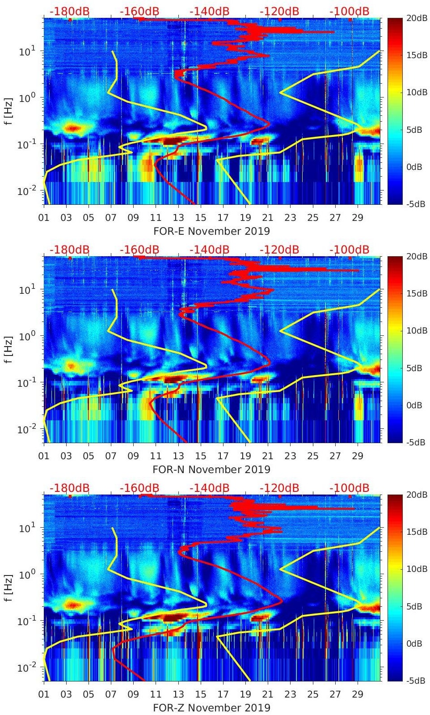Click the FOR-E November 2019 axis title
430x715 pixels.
click(x=211, y=231)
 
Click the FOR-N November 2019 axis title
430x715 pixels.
click(x=211, y=470)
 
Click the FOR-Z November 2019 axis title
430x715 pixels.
click(x=211, y=708)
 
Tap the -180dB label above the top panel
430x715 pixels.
click(x=69, y=11)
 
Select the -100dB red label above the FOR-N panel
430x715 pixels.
click(x=349, y=250)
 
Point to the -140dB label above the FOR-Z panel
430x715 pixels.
click(x=209, y=488)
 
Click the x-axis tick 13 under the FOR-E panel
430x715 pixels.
click(x=178, y=218)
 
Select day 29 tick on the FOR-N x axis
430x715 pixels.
click(x=358, y=456)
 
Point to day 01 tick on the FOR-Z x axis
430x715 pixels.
click(x=44, y=694)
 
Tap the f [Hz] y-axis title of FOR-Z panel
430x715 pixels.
click(x=8, y=588)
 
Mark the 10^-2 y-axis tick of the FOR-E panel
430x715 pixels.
click(x=26, y=191)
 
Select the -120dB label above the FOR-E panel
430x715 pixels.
click(x=279, y=11)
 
